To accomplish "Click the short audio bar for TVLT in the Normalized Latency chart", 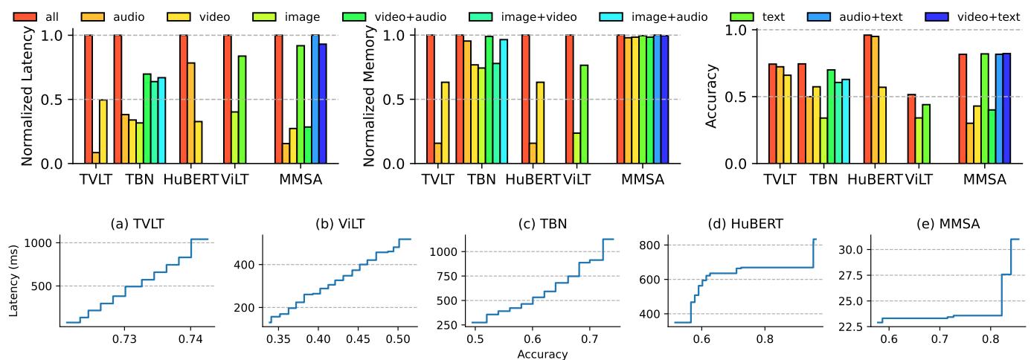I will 96,158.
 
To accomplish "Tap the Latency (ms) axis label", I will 14,280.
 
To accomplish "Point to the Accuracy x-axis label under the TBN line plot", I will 542,354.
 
